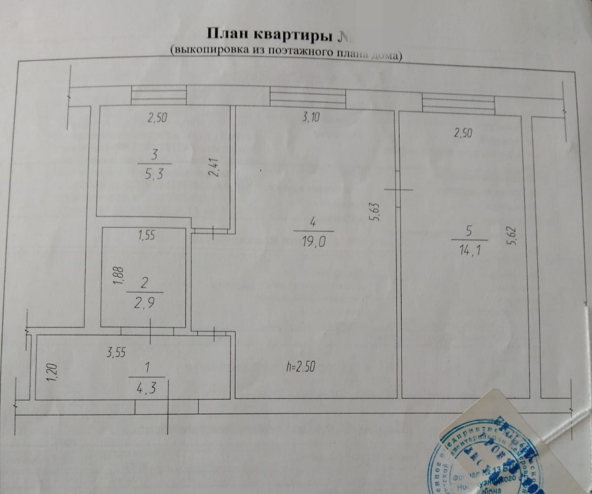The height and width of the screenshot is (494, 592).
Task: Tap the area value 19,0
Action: [314, 242]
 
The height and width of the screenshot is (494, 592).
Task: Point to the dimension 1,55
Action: [147, 236]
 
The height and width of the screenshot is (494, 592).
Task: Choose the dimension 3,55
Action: [117, 353]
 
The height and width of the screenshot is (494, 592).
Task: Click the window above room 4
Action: [307, 97]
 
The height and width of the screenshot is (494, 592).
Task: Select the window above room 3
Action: [159, 95]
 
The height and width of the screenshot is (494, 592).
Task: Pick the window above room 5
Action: [458, 103]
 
